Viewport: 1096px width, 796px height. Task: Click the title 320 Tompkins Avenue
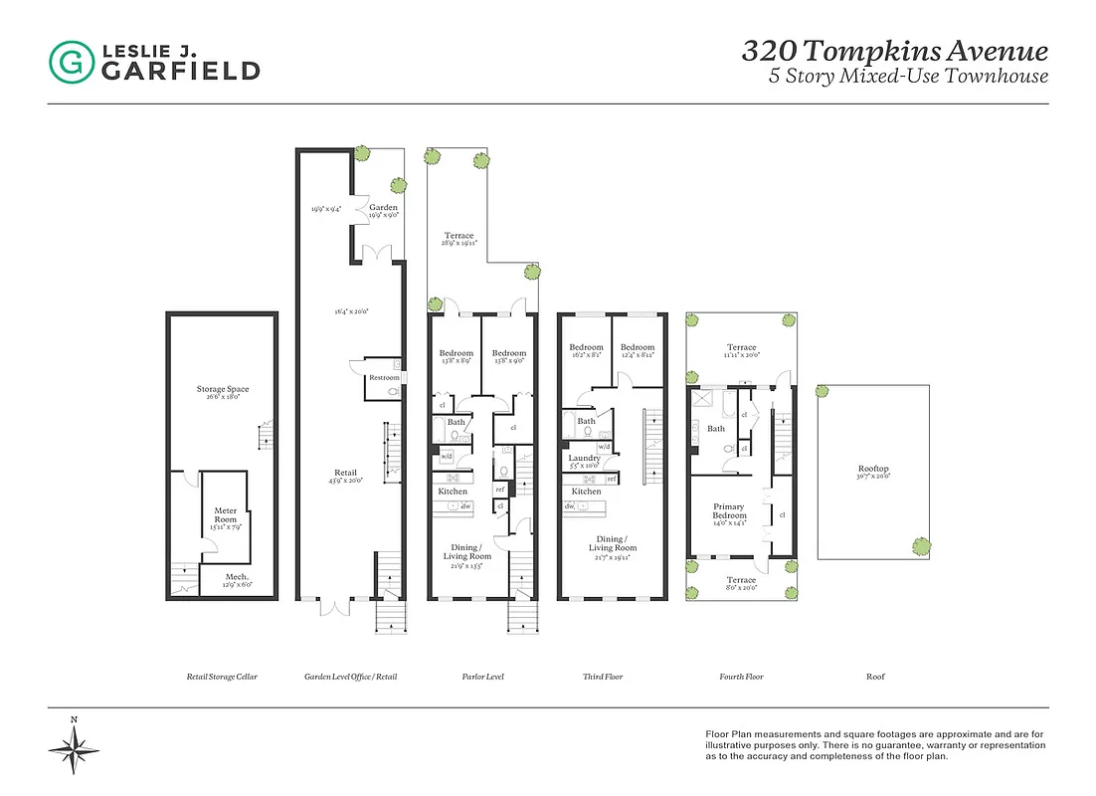click(894, 51)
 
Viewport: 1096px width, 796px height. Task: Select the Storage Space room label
click(222, 390)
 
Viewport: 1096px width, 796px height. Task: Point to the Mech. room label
click(236, 577)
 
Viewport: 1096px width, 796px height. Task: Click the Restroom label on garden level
click(384, 377)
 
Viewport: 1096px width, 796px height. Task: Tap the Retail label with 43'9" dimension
click(345, 473)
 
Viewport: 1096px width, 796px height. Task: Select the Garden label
click(383, 208)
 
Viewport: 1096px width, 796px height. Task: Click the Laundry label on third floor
click(584, 458)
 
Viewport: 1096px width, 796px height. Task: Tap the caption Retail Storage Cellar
click(222, 677)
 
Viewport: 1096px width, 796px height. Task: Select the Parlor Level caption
click(482, 677)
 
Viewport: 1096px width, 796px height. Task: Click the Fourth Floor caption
click(741, 677)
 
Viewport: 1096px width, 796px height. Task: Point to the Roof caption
click(874, 677)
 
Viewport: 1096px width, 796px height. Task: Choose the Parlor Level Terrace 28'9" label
click(458, 236)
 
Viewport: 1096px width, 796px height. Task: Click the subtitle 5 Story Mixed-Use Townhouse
click(908, 77)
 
